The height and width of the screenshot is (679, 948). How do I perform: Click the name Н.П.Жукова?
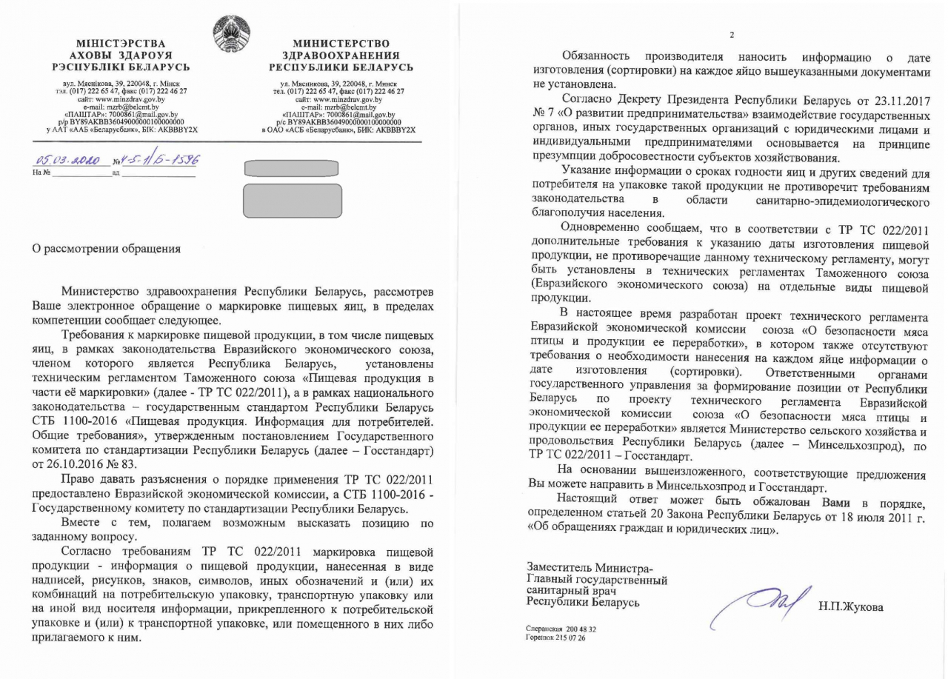coord(851,608)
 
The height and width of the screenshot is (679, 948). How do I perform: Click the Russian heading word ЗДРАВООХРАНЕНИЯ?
coord(341,56)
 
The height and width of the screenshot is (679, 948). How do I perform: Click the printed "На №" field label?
coord(41,173)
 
